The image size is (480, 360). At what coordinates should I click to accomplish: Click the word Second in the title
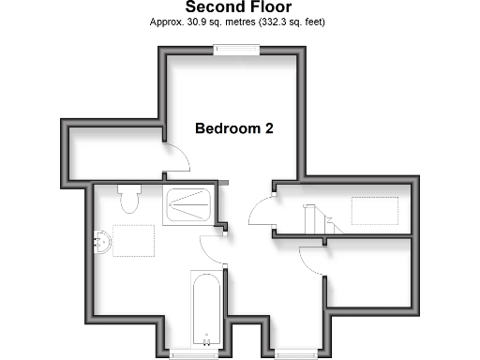(x=212, y=7)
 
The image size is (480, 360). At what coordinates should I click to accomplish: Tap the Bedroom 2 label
(x=233, y=128)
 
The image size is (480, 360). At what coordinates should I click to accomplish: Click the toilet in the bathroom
(x=129, y=199)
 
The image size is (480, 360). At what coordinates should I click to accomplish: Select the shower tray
(x=187, y=205)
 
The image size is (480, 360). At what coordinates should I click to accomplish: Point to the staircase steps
(x=313, y=220)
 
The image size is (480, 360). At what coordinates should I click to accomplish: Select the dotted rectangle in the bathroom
(x=131, y=241)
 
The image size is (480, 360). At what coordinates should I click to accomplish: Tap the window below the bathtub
(x=191, y=353)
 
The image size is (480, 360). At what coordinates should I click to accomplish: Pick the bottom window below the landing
(x=294, y=353)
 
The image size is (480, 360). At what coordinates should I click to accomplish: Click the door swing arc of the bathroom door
(x=212, y=247)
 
